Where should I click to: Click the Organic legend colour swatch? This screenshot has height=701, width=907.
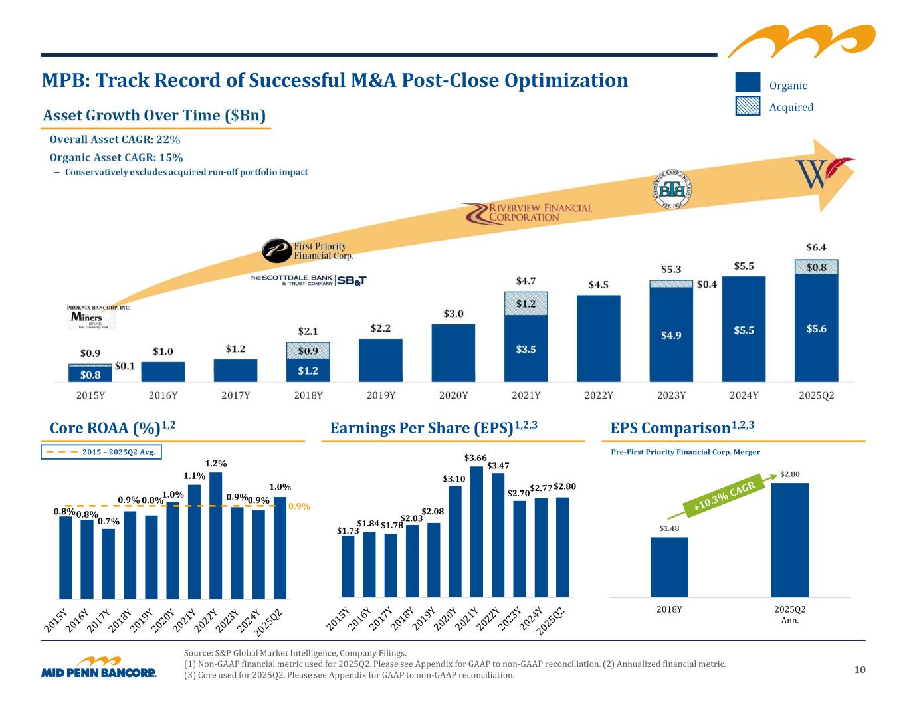(x=748, y=82)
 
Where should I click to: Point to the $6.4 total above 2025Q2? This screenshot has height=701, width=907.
(x=816, y=247)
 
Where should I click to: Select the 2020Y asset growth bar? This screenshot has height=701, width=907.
(x=453, y=353)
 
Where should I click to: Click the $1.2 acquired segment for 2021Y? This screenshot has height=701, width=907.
(x=526, y=304)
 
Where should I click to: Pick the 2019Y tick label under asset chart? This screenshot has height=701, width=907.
(x=381, y=395)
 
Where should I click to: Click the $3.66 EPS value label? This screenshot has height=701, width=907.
(x=474, y=458)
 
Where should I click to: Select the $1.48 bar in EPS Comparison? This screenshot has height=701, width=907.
(x=669, y=566)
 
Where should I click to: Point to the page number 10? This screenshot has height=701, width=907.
(x=860, y=670)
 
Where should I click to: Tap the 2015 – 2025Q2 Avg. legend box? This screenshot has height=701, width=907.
(x=102, y=452)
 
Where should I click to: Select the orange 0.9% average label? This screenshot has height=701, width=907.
(x=299, y=506)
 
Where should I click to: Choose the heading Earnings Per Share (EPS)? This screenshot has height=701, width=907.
(x=433, y=428)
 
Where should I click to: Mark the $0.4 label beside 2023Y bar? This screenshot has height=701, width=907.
(x=706, y=284)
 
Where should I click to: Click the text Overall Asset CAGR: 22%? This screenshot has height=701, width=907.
(x=116, y=140)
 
